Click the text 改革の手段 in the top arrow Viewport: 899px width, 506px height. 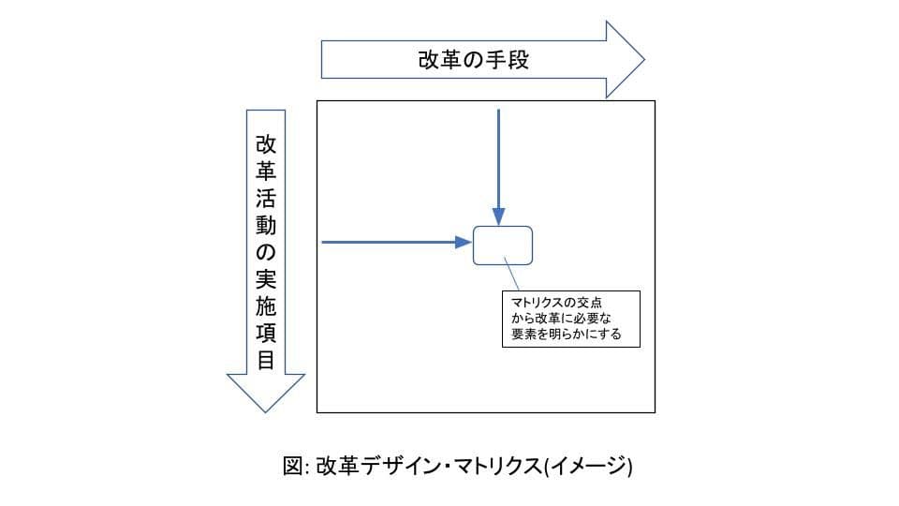473,61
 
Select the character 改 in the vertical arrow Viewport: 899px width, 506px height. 266,145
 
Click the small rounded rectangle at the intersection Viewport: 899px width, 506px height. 503,246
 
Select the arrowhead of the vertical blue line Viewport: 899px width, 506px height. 499,216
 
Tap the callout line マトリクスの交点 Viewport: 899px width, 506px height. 556,302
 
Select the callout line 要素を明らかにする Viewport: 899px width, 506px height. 566,333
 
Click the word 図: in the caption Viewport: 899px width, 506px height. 296,467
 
